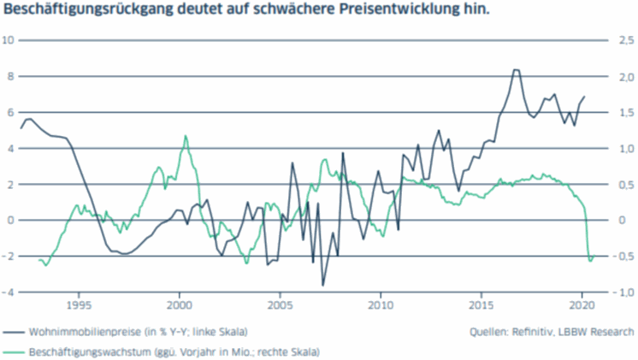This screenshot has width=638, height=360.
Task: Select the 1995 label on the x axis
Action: (x=80, y=304)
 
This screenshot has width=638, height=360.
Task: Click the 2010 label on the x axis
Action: (x=381, y=304)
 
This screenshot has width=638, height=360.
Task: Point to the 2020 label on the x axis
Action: (x=582, y=304)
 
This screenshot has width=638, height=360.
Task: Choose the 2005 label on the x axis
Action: (x=281, y=304)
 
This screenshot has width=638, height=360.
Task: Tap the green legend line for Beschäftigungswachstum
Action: (x=15, y=351)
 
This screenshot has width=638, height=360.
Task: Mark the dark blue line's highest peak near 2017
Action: (x=516, y=70)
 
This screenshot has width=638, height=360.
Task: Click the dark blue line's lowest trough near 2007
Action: (x=323, y=285)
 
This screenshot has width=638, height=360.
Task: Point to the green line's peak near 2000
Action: (x=186, y=136)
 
